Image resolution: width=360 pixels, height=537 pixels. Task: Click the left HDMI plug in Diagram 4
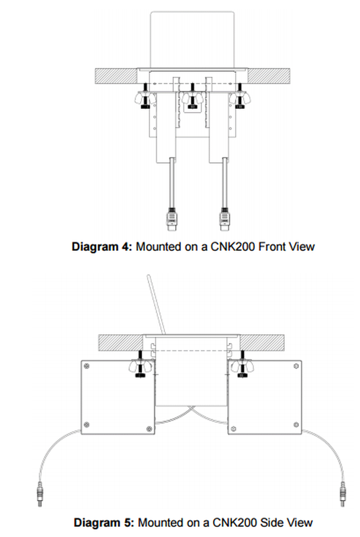tap(172, 220)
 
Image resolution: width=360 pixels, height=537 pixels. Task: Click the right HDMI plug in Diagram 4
tap(224, 220)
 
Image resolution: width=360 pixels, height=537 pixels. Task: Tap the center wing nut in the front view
tap(192, 98)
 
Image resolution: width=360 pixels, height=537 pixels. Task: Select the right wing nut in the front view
tap(240, 98)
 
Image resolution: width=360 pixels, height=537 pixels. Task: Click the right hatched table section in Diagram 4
tap(268, 75)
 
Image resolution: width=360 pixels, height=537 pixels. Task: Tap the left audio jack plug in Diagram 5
tap(40, 493)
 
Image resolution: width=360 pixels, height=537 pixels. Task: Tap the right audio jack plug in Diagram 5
tap(343, 493)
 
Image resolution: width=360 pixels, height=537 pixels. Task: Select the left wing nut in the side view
tap(139, 367)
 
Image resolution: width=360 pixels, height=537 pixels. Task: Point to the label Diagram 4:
tap(102, 247)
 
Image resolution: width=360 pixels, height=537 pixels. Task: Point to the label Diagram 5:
tap(103, 522)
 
